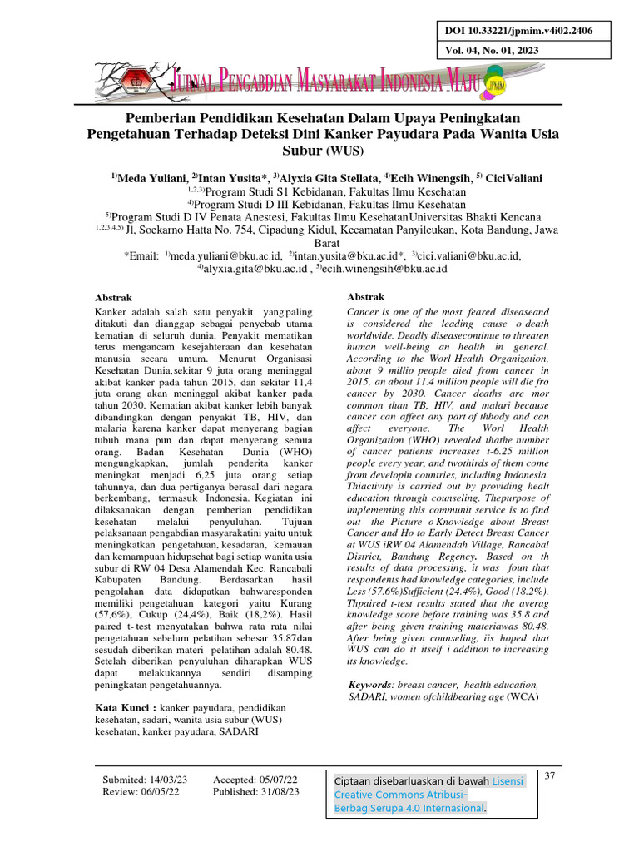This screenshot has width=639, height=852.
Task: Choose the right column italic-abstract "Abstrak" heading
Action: click(x=365, y=297)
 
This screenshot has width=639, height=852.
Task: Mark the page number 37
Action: click(x=550, y=776)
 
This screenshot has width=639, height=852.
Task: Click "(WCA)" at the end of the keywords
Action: click(x=522, y=697)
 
